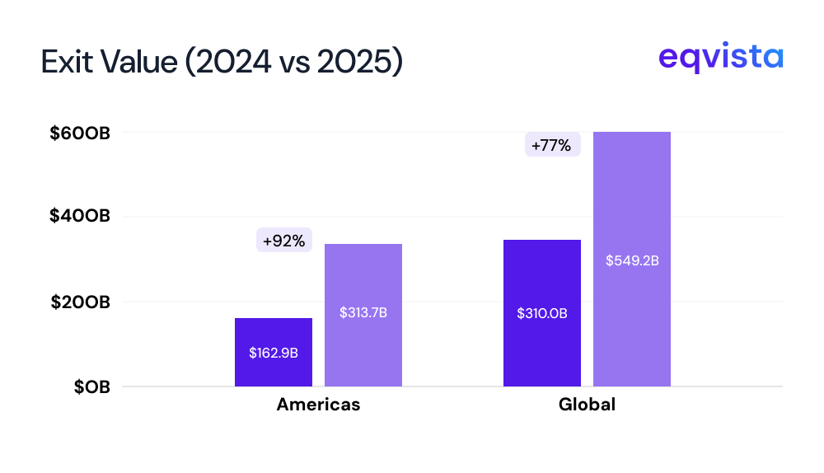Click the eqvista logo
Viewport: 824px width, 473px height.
[721, 58]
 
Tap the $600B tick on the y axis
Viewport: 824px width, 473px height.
[80, 132]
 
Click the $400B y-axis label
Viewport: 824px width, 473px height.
[80, 217]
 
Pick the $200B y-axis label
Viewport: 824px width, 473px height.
[80, 302]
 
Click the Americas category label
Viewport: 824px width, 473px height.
[318, 405]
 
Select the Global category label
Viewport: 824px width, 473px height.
[587, 405]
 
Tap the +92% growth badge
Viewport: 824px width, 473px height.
[284, 241]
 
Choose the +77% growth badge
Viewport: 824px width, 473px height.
[552, 145]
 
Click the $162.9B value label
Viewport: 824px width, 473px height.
[274, 353]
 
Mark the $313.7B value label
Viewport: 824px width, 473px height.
[363, 313]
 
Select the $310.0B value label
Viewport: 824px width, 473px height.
[542, 313]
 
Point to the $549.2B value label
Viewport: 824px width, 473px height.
[632, 260]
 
